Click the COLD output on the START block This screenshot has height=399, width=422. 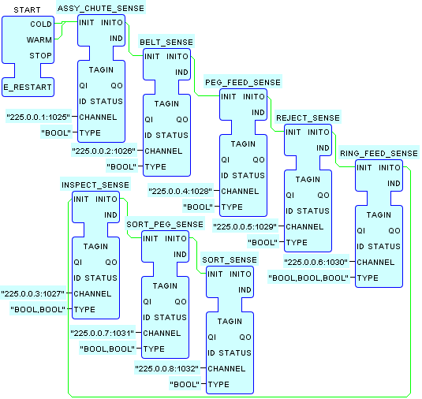[41, 24]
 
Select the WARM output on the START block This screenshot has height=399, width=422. [39, 40]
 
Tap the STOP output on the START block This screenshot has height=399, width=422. [41, 56]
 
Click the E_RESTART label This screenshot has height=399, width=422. [28, 88]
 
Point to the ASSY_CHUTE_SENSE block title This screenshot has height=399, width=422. [101, 9]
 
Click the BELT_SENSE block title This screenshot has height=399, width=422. [166, 43]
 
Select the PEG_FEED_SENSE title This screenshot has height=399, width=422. [243, 82]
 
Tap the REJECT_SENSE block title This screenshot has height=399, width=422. [308, 117]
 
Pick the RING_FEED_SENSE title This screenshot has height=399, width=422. [379, 153]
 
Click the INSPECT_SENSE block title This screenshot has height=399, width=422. [95, 185]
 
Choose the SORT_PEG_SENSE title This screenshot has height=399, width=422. [165, 225]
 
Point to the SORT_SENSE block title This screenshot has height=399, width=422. [230, 260]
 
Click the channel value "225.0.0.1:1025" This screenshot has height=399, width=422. [38, 117]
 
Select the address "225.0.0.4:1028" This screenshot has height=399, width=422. [181, 192]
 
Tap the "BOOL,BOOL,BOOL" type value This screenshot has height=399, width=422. [308, 278]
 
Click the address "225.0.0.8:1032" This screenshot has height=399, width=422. [167, 368]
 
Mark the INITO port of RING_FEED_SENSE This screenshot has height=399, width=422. [390, 168]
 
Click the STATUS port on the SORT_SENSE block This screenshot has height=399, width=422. [235, 352]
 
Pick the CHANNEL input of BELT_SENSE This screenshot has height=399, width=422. [163, 151]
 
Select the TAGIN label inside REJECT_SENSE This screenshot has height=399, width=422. [308, 180]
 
